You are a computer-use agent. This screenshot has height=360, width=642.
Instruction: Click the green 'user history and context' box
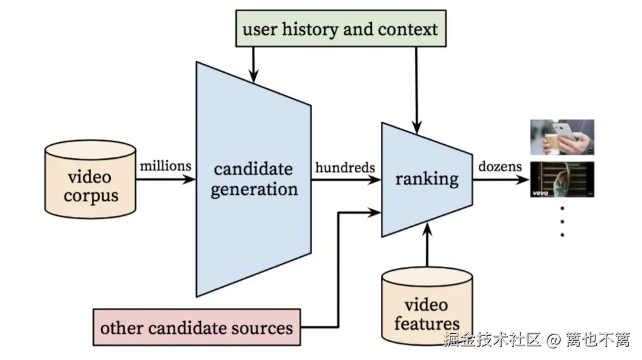click(340, 28)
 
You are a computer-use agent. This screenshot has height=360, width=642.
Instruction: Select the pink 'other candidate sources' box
click(197, 327)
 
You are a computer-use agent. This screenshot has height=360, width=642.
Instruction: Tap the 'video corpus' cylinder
click(90, 179)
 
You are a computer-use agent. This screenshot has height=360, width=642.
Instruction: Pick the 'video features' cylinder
click(427, 307)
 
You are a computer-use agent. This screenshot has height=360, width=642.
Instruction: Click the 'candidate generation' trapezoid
click(254, 180)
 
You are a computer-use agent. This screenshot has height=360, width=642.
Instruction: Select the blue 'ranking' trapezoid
click(427, 180)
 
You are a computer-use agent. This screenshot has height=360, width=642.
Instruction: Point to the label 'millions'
click(165, 166)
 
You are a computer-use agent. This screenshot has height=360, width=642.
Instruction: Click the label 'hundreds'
click(345, 167)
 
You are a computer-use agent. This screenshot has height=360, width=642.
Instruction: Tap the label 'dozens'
click(500, 167)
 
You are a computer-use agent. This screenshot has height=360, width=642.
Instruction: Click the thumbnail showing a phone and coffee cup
click(562, 137)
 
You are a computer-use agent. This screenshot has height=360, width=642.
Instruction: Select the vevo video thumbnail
click(562, 180)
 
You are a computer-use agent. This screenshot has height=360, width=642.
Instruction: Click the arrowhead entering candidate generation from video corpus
click(189, 179)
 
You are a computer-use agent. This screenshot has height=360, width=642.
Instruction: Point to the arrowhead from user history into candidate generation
click(254, 76)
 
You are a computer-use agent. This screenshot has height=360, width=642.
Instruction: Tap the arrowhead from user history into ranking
click(416, 127)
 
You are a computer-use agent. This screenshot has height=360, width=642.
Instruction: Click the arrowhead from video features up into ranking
click(427, 230)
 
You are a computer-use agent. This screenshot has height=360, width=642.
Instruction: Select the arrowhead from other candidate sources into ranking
click(374, 212)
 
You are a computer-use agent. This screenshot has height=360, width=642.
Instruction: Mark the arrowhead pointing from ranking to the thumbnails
click(522, 179)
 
